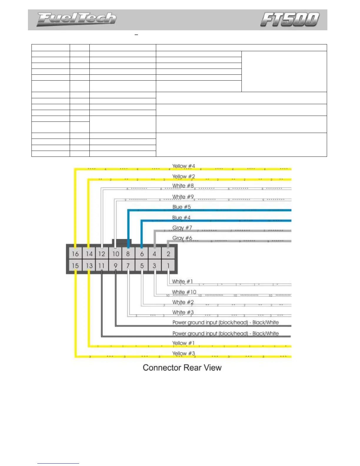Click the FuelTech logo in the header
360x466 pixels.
point(76,19)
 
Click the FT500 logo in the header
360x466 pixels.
point(290,19)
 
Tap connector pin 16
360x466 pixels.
point(75,254)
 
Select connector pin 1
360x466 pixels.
point(168,265)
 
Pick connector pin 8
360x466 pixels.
point(128,254)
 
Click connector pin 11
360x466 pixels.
point(101,266)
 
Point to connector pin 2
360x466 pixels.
point(168,254)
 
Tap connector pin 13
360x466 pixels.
point(89,266)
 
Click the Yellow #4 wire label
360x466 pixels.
point(184,166)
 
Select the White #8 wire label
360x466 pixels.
point(183,186)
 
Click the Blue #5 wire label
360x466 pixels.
point(181,207)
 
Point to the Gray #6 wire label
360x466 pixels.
point(182,238)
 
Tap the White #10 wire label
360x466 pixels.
point(184,292)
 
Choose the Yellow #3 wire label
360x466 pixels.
point(184,353)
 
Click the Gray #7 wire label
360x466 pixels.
point(182,228)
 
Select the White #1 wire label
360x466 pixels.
point(182,282)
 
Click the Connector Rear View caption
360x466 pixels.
point(182,368)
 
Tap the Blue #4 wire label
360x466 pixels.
point(181,218)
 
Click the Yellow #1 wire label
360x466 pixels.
point(183,343)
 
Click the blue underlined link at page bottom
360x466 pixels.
point(58,463)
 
